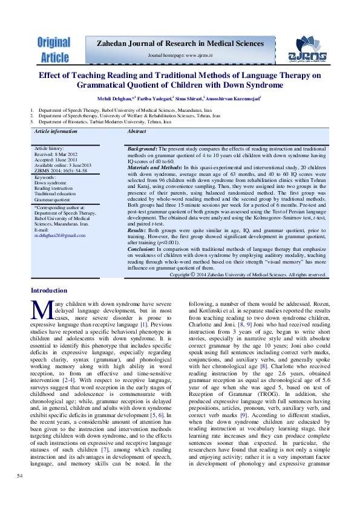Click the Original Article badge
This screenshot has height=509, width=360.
tap(54, 50)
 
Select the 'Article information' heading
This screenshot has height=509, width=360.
tap(56, 131)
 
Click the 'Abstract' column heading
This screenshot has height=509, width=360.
tap(137, 131)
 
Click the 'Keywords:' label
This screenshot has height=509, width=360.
tap(45, 177)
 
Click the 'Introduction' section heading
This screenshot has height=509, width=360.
tap(49, 291)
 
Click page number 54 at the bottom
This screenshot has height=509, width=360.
tap(20, 478)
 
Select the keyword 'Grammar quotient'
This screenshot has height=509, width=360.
tap(53, 198)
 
